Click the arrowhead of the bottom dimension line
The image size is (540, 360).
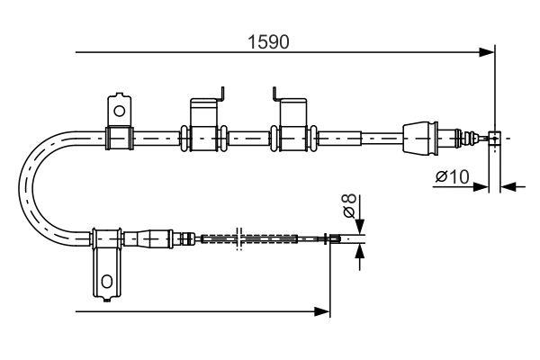click(324, 311)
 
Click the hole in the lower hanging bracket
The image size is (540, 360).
click(105, 282)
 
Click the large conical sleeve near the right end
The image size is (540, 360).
click(420, 138)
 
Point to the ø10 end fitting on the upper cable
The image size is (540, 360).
click(493, 138)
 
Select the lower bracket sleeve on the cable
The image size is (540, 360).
click(107, 238)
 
